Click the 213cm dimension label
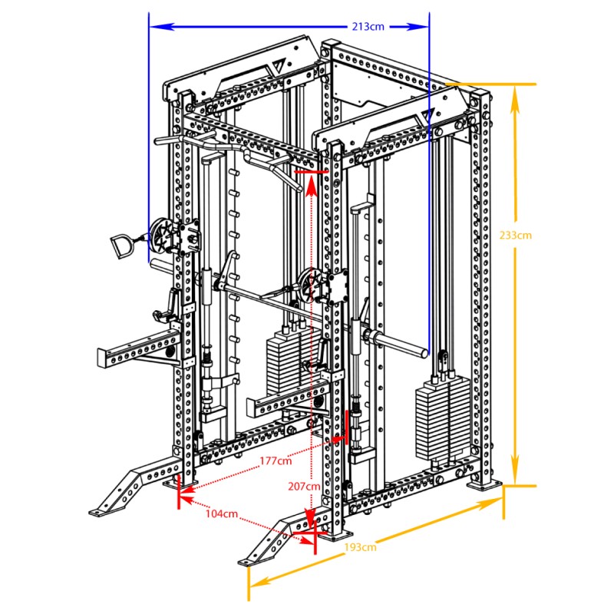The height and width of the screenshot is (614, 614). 368,27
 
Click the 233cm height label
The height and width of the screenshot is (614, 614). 515,236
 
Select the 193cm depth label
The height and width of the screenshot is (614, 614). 360,547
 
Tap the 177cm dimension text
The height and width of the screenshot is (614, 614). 276,461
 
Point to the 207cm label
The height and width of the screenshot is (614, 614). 304,487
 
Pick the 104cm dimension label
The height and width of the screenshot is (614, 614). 222,513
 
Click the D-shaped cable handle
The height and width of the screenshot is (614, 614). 120,246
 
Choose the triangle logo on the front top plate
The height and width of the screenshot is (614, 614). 427,114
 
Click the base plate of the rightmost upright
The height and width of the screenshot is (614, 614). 484,486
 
